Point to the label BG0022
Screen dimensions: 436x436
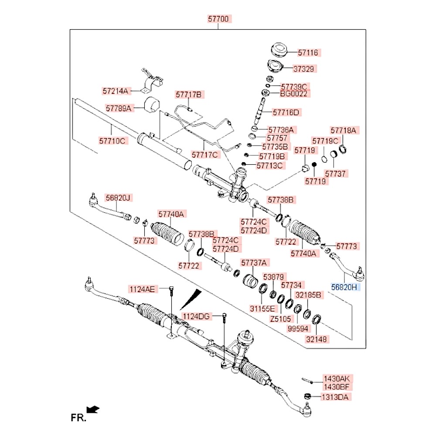(x=293, y=94)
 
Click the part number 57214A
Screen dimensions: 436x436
(x=116, y=91)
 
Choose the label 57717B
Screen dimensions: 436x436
(x=189, y=94)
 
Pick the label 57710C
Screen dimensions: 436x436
(x=112, y=141)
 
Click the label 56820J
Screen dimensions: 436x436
(x=118, y=198)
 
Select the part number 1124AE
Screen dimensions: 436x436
(x=142, y=289)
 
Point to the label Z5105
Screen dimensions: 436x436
(x=280, y=319)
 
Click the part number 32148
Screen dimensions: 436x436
(x=317, y=339)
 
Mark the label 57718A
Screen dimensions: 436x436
(x=343, y=130)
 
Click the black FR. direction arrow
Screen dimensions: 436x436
(x=93, y=409)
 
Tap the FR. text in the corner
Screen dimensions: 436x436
(x=78, y=418)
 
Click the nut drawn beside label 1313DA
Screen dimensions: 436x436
(x=307, y=396)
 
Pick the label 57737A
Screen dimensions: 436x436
(x=255, y=262)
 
